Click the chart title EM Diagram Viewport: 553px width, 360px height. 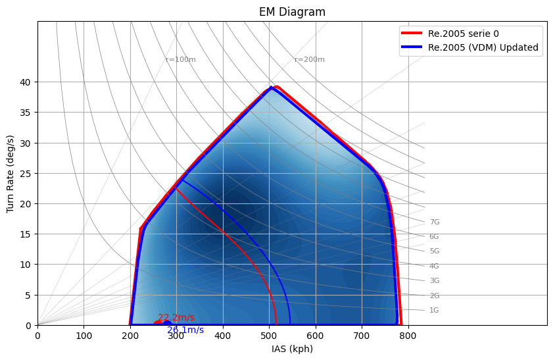coord(292,12)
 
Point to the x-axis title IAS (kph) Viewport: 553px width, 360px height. coord(292,349)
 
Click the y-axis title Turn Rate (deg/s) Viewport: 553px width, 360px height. coord(11,173)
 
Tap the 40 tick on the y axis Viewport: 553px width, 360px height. coord(27,82)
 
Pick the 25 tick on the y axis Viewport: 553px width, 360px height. coord(27,174)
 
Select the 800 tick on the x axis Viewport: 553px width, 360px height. coord(408,335)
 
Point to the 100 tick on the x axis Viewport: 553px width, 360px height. coord(84,335)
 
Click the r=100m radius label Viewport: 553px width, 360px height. coord(181,60)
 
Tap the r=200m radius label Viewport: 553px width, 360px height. coord(310,60)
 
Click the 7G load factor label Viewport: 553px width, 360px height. coord(434,222)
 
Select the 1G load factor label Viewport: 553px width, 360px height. coord(434,311)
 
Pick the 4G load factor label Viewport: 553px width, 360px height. coord(434,267)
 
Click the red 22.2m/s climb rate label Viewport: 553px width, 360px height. coord(176,318)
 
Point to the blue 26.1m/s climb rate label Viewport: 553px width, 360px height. coord(185,330)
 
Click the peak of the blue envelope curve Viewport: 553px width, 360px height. coord(271,88)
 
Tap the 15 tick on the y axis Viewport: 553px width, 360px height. coord(27,234)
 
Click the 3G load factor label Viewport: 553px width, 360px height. coord(434,281)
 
